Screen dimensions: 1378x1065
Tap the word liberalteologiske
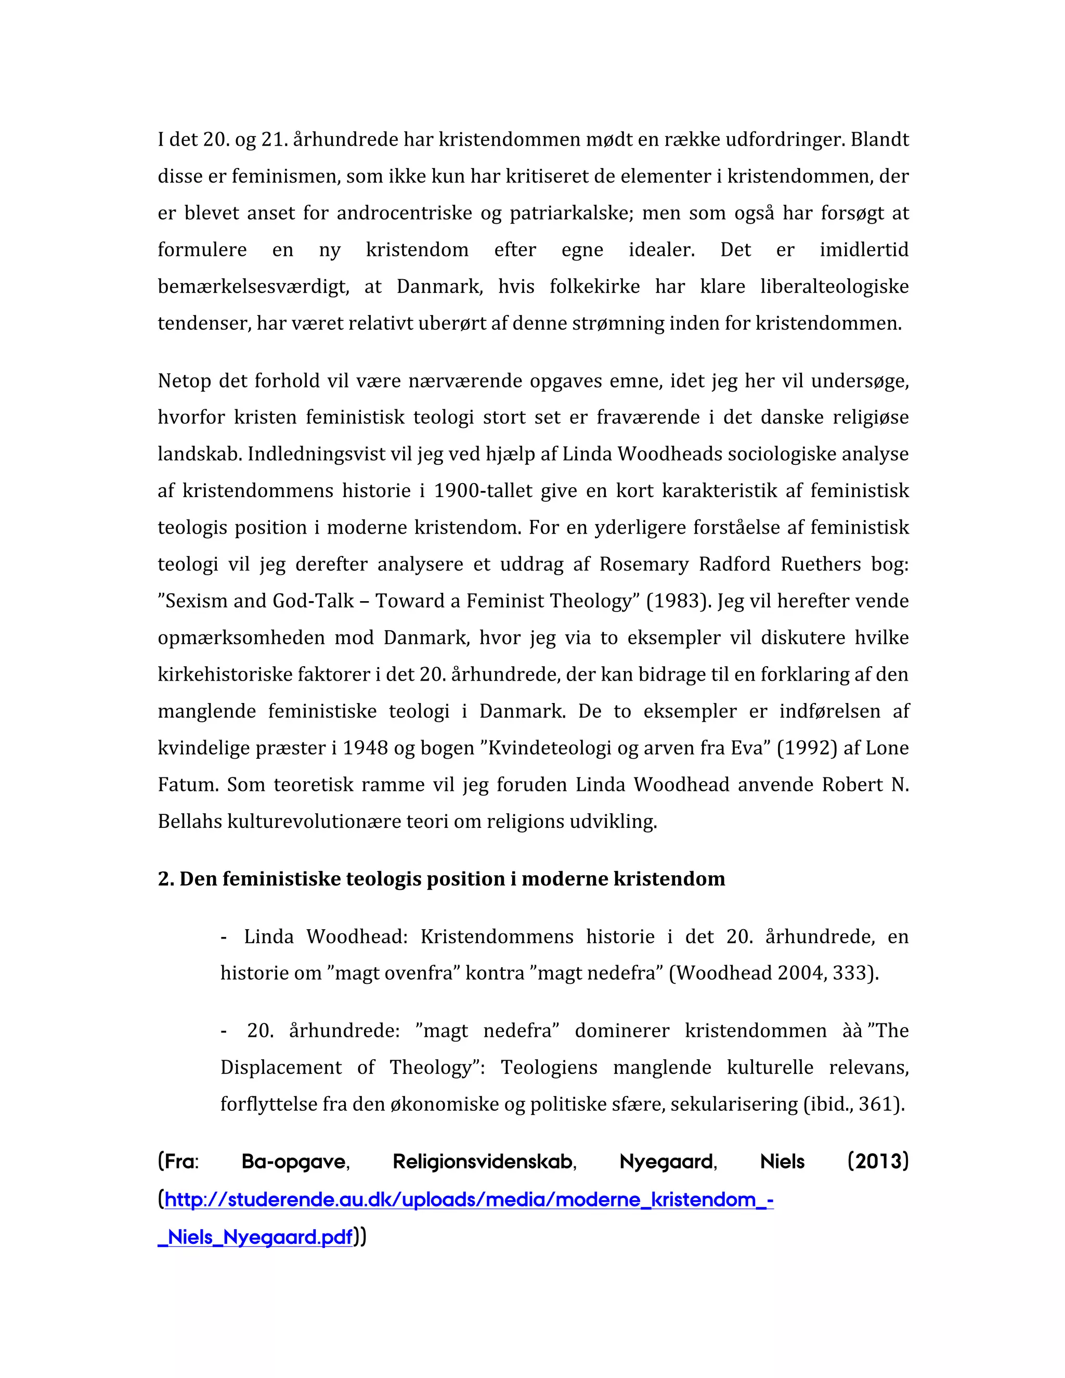(x=834, y=287)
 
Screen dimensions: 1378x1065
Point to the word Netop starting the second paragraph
(x=183, y=381)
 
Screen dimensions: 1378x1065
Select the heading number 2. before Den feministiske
(x=166, y=878)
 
